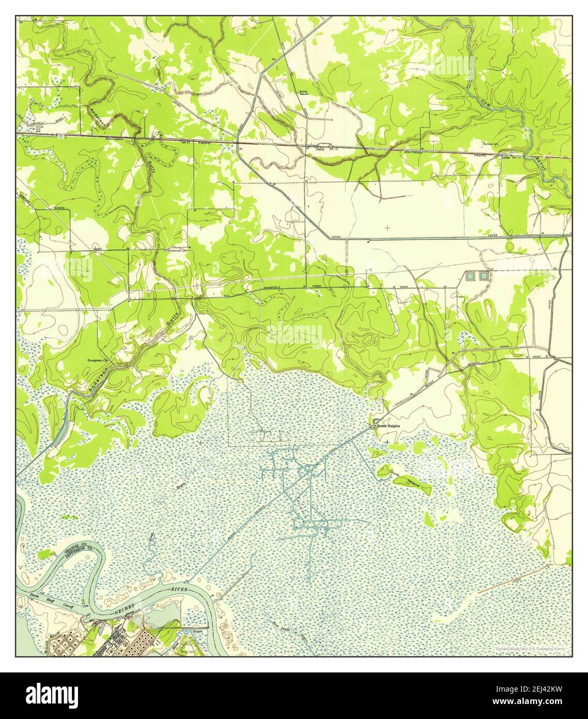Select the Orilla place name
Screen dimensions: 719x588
506,159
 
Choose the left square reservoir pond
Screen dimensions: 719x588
470,276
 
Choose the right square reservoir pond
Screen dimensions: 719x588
484,276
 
